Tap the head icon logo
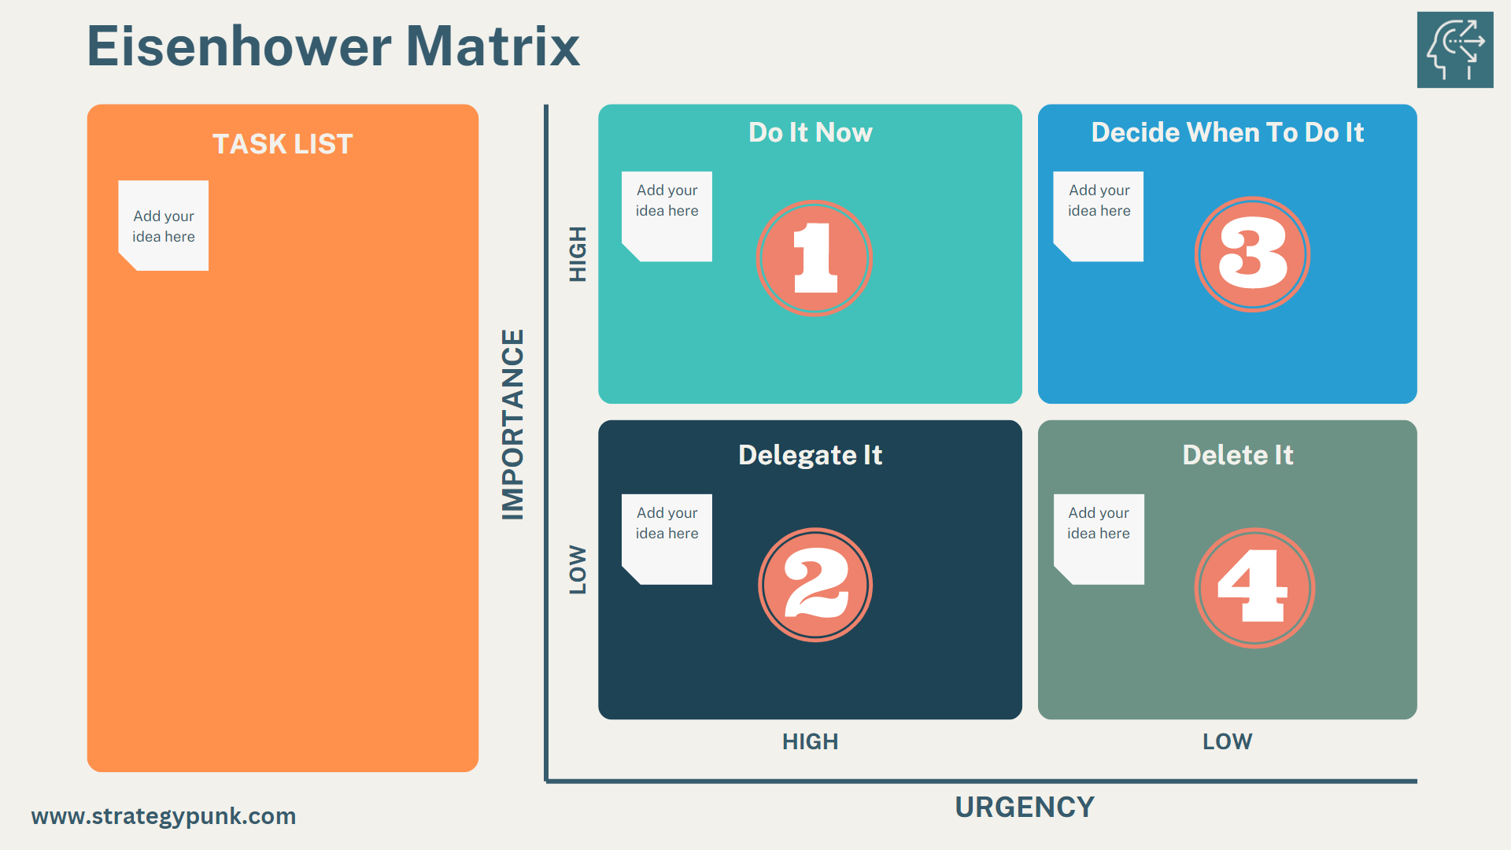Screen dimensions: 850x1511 [x=1454, y=50]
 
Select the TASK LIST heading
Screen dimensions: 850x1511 [x=283, y=144]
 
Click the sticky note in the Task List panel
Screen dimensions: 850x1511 [x=164, y=226]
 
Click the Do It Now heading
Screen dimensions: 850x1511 [x=810, y=132]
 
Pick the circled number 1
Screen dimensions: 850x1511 [x=815, y=257]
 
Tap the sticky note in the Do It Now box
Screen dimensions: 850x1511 [x=667, y=216]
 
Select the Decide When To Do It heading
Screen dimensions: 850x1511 [x=1227, y=132]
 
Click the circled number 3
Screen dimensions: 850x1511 [x=1252, y=254]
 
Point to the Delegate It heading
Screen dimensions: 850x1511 [x=810, y=455]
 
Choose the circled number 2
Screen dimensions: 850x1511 [x=815, y=585]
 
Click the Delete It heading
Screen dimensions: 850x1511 [x=1237, y=455]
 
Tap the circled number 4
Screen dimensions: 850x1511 [x=1254, y=587]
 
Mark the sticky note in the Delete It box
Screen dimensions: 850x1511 [x=1099, y=539]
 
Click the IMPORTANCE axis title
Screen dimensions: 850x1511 [x=513, y=424]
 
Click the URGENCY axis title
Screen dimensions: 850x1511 [x=1024, y=807]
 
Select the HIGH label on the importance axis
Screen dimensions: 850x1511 [x=578, y=253]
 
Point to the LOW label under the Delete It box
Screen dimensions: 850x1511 [x=1227, y=741]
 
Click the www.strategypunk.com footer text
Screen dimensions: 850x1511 [x=164, y=816]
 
